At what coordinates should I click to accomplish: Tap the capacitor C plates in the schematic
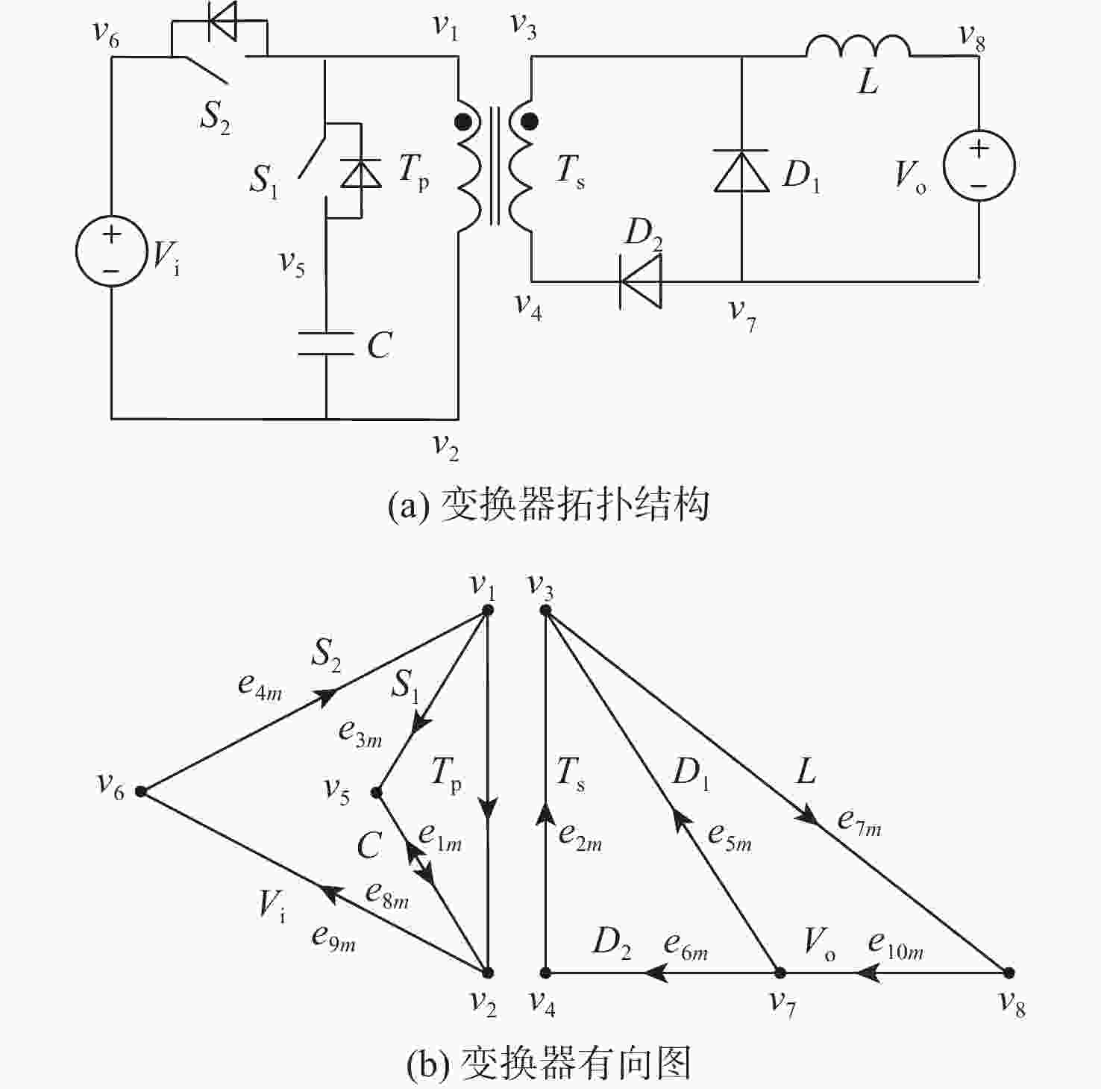[x=326, y=343]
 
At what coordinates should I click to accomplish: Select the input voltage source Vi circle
[x=111, y=252]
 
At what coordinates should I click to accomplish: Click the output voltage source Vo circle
[x=979, y=166]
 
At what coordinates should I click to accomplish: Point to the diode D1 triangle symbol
[x=741, y=172]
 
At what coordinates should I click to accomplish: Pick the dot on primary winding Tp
[x=463, y=121]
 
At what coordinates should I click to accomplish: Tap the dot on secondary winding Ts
[x=529, y=121]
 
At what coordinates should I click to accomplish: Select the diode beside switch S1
[x=360, y=173]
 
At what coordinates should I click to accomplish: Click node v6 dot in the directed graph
[x=141, y=792]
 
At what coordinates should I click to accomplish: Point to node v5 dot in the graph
[x=377, y=792]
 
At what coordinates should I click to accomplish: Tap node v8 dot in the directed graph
[x=1009, y=973]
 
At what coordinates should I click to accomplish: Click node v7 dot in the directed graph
[x=780, y=973]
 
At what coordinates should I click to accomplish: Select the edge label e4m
[x=260, y=685]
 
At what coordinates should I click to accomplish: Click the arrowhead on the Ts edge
[x=546, y=812]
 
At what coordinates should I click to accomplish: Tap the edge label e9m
[x=333, y=937]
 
